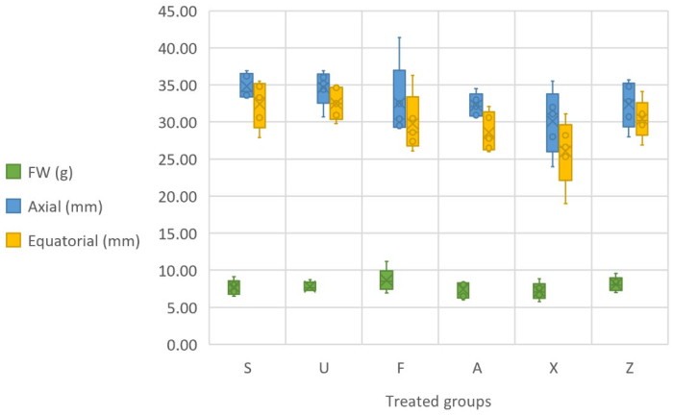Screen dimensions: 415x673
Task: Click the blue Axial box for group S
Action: pyautogui.click(x=247, y=85)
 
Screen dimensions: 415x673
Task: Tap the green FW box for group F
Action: pyautogui.click(x=386, y=280)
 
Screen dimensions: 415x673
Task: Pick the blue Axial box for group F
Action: pyautogui.click(x=399, y=99)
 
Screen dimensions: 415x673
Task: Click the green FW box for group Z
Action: pyautogui.click(x=615, y=283)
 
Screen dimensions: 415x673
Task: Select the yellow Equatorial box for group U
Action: pyautogui.click(x=336, y=104)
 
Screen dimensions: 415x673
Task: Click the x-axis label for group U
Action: pyautogui.click(x=324, y=367)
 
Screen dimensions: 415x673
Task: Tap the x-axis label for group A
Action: pyautogui.click(x=476, y=367)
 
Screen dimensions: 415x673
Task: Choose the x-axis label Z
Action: pyautogui.click(x=628, y=367)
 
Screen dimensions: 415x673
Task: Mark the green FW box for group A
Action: pyautogui.click(x=463, y=290)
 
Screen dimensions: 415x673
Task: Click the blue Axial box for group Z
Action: pyautogui.click(x=629, y=106)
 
